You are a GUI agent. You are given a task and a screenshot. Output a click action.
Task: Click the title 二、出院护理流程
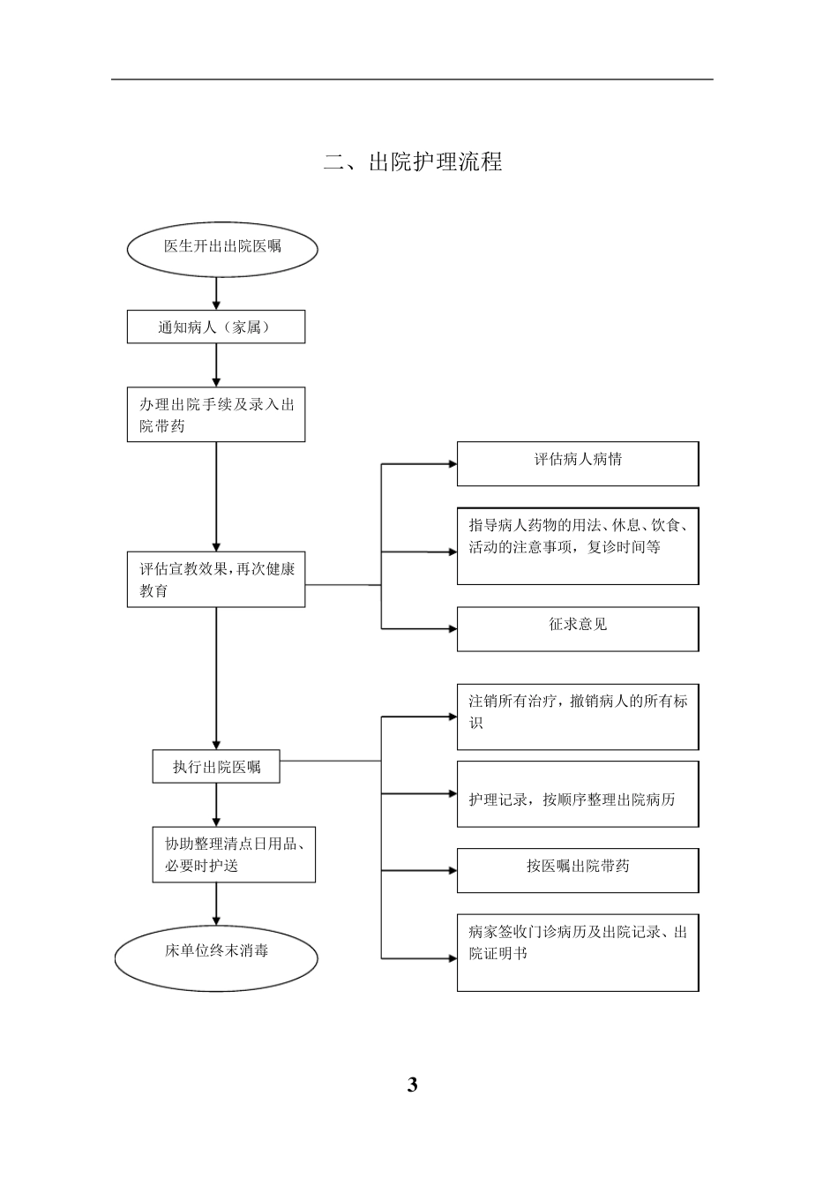click(x=413, y=162)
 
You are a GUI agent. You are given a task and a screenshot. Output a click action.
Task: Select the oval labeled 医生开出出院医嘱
click(x=222, y=248)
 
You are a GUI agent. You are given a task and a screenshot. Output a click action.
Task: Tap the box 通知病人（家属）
click(x=216, y=327)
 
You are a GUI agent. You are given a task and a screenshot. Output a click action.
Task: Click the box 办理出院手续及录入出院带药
click(x=216, y=415)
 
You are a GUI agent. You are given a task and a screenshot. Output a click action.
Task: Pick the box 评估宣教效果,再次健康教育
click(x=216, y=581)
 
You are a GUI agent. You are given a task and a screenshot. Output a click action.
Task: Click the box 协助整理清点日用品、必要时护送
click(x=234, y=854)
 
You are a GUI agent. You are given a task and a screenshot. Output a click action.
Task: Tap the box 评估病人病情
click(x=578, y=463)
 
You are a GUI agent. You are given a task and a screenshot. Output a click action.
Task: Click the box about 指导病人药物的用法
click(x=578, y=545)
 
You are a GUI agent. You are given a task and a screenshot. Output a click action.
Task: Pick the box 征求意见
click(x=578, y=628)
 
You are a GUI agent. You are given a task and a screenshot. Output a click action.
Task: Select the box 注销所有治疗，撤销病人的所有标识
click(x=578, y=716)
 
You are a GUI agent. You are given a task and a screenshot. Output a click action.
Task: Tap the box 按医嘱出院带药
click(x=578, y=870)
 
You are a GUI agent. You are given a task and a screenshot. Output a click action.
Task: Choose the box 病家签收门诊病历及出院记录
click(x=578, y=952)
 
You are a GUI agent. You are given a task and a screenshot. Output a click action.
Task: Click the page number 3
click(x=412, y=1085)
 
